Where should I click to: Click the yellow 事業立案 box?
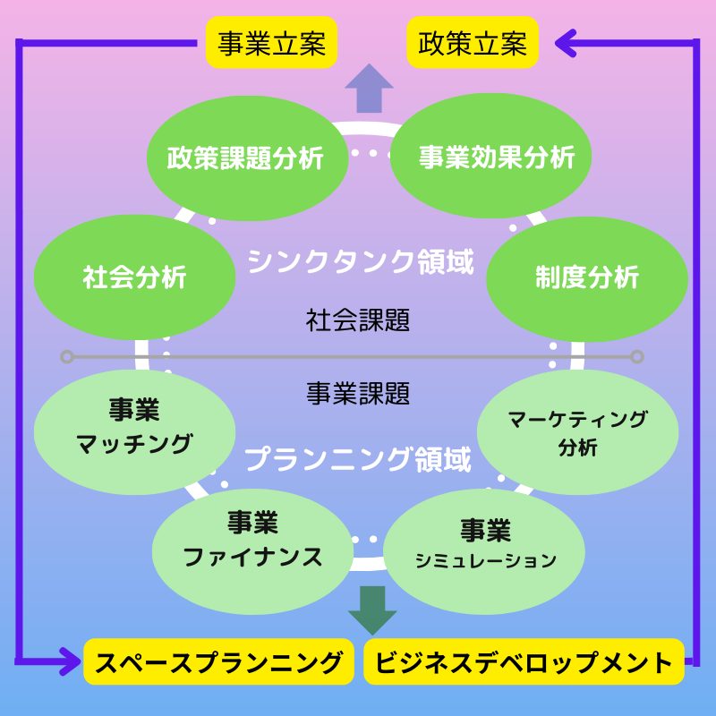click(271, 43)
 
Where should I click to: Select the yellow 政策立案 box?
click(473, 43)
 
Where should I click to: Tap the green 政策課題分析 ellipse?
click(246, 158)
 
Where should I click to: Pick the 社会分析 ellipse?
click(134, 277)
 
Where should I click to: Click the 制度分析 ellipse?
click(587, 277)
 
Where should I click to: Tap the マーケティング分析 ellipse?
click(577, 432)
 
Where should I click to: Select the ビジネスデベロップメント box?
click(524, 662)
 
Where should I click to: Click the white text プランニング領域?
click(357, 460)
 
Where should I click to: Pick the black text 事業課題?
click(358, 392)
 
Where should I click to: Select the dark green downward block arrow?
click(371, 609)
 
